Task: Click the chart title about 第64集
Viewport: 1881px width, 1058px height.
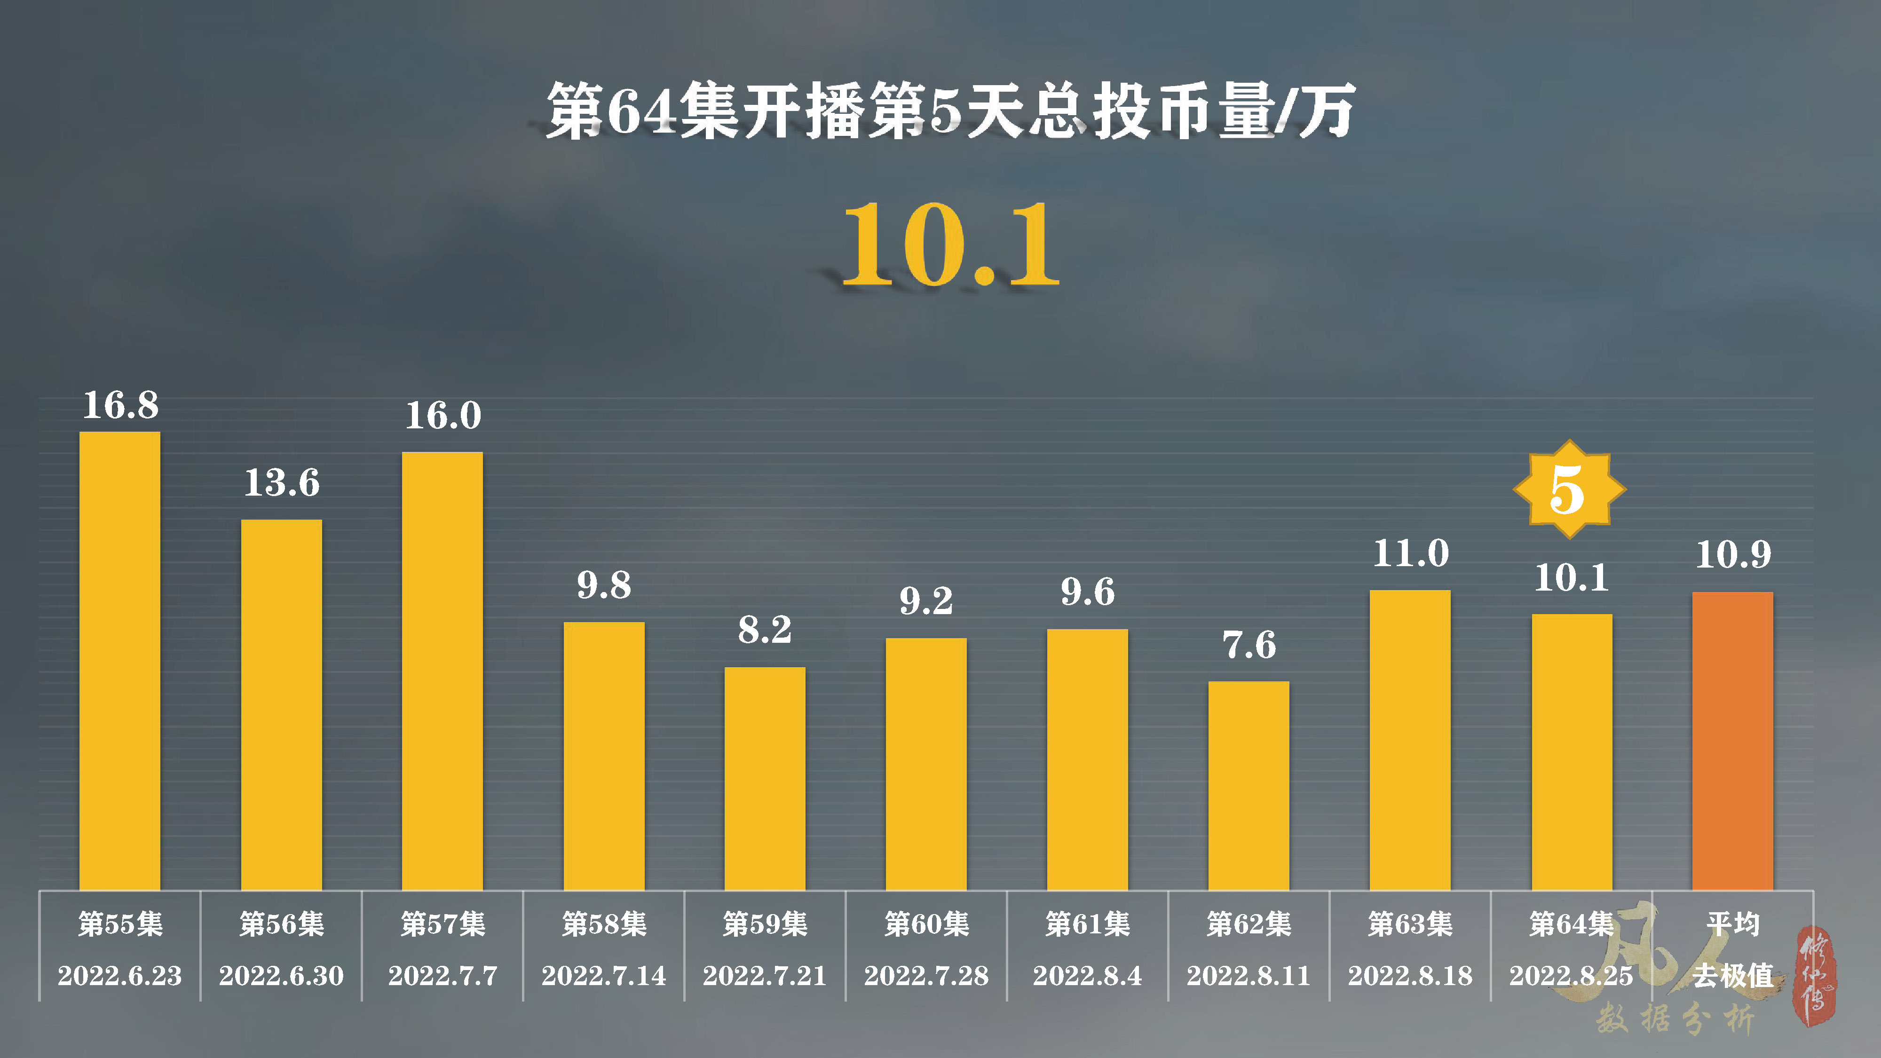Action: pos(949,111)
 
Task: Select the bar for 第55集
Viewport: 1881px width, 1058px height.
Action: pos(120,661)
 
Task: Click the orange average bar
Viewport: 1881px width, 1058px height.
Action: pos(1732,741)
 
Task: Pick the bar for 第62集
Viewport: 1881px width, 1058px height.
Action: pos(1249,785)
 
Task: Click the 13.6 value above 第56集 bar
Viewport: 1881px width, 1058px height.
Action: pos(282,482)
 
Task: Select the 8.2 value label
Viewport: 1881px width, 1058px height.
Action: pos(765,630)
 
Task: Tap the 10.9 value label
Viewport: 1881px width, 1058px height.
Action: pos(1733,554)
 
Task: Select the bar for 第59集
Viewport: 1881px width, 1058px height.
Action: pos(765,778)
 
